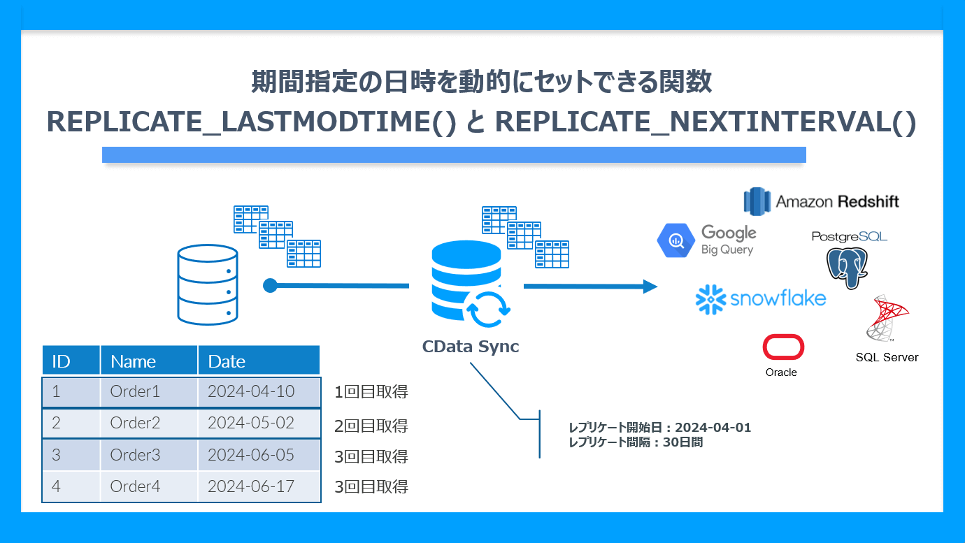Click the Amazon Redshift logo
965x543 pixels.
tap(821, 201)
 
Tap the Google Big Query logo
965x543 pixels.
tap(706, 240)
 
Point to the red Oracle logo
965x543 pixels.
tap(783, 347)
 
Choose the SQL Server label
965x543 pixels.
tap(887, 357)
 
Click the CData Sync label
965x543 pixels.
tap(470, 347)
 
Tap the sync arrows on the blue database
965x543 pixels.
tap(487, 310)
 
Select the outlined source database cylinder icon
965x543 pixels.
tap(208, 284)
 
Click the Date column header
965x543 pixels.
tap(227, 361)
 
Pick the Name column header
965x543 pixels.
tap(133, 361)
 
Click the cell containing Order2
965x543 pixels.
tap(135, 423)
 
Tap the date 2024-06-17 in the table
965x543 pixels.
tap(251, 486)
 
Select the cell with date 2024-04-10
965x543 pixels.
tap(251, 391)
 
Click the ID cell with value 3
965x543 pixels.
tap(56, 455)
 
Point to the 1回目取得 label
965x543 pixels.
tap(371, 392)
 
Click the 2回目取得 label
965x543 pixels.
tap(371, 426)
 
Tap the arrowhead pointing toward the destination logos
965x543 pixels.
tap(650, 286)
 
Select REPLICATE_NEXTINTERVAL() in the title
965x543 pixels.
tap(705, 122)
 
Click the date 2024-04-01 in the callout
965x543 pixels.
tap(713, 428)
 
